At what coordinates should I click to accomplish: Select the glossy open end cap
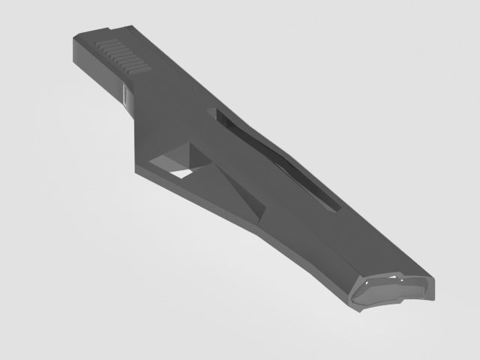pyautogui.click(x=393, y=289)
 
